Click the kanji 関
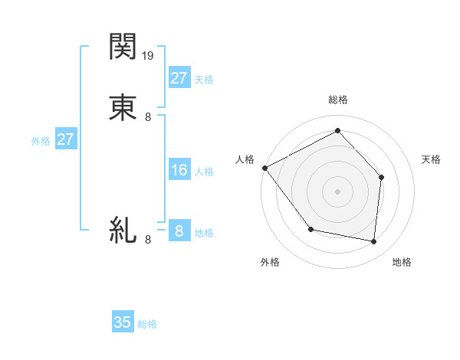pyautogui.click(x=123, y=47)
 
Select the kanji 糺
pyautogui.click(x=123, y=229)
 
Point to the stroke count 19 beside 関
pyautogui.click(x=149, y=56)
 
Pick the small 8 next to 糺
pyautogui.click(x=148, y=240)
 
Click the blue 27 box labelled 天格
pyautogui.click(x=179, y=77)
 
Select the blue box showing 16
pyautogui.click(x=179, y=170)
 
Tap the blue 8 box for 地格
pyautogui.click(x=179, y=231)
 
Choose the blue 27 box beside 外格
pyautogui.click(x=65, y=139)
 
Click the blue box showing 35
pyautogui.click(x=123, y=322)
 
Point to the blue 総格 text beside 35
pyautogui.click(x=147, y=324)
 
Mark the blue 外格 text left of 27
pyautogui.click(x=41, y=141)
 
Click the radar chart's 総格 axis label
pyautogui.click(x=337, y=100)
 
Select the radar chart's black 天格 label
pyautogui.click(x=431, y=159)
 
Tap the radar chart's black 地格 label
pyautogui.click(x=402, y=262)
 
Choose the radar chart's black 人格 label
pyautogui.click(x=245, y=159)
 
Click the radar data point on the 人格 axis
pyautogui.click(x=264, y=168)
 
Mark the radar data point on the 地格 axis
pyautogui.click(x=374, y=242)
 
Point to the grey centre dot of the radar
pyautogui.click(x=337, y=191)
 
